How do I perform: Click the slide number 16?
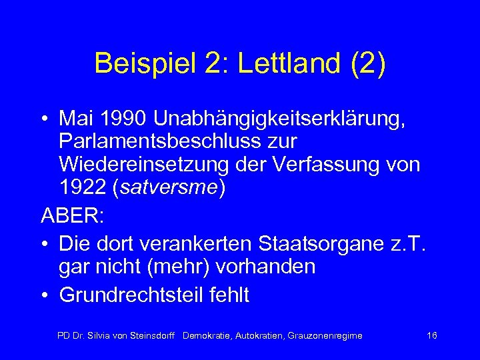coord(431,335)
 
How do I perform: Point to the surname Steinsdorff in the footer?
coord(151,335)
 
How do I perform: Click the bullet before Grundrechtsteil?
coord(45,295)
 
